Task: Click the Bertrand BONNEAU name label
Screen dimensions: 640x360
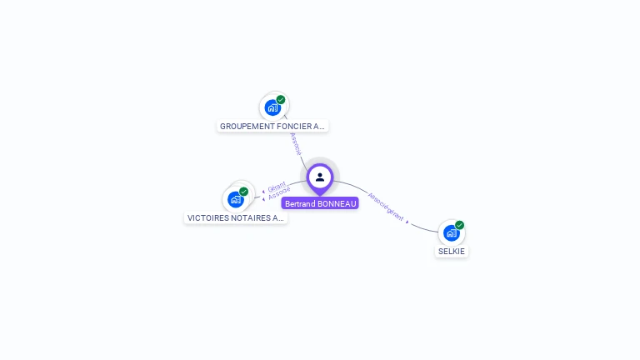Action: point(320,203)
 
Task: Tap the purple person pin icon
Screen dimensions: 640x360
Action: point(320,177)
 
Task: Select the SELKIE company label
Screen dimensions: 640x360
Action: point(452,251)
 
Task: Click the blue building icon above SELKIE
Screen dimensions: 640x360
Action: point(451,233)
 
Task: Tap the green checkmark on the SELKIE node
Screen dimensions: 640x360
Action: point(459,225)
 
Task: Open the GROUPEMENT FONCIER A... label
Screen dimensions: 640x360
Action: point(272,127)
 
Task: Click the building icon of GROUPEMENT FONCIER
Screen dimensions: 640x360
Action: point(272,107)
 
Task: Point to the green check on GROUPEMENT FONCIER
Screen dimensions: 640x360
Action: point(281,100)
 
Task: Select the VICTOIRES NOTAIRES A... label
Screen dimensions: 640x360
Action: point(235,218)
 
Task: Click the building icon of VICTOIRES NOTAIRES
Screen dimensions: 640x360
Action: point(236,200)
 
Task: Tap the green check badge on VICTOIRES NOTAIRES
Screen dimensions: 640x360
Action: point(243,192)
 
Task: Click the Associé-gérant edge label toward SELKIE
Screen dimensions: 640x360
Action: point(386,207)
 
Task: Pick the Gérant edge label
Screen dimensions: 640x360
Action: point(277,187)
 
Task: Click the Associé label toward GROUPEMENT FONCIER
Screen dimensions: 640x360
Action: point(295,142)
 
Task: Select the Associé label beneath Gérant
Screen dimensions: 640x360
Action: point(279,194)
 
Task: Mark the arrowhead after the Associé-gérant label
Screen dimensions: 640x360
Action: point(407,222)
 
